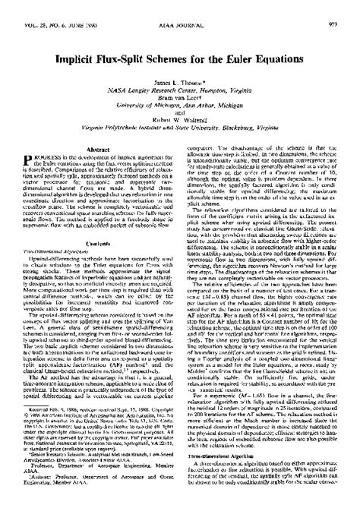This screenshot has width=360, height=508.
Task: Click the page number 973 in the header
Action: pos(346,5)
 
